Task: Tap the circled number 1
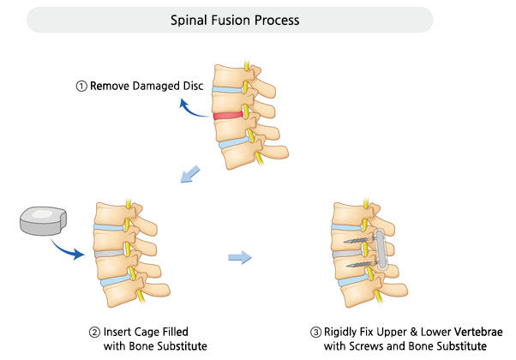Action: [81, 86]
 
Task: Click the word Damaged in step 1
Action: [150, 86]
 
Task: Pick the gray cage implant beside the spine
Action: [41, 222]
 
